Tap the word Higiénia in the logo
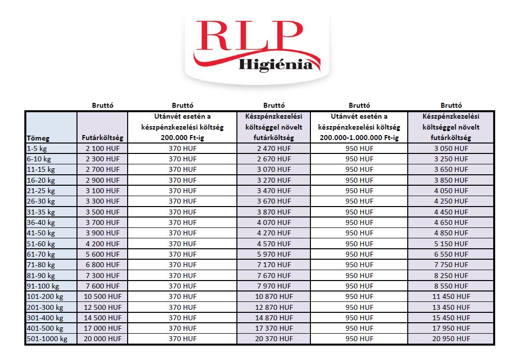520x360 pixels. (276, 65)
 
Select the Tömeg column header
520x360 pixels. (38, 139)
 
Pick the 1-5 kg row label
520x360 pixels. (38, 148)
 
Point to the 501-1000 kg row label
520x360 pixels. (46, 339)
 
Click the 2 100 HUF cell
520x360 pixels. (103, 148)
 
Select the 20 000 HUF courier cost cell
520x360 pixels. (103, 339)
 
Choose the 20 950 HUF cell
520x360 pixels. (451, 339)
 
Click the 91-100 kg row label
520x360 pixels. (43, 286)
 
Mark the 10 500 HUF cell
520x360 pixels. (103, 296)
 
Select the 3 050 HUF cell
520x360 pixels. (451, 148)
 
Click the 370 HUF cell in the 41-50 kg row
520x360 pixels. (182, 233)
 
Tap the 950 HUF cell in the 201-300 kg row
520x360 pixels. (359, 307)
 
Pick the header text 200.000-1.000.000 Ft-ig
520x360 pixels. (359, 138)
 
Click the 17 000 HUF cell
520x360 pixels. (103, 328)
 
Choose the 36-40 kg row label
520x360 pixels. (41, 222)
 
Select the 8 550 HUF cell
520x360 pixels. (451, 286)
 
